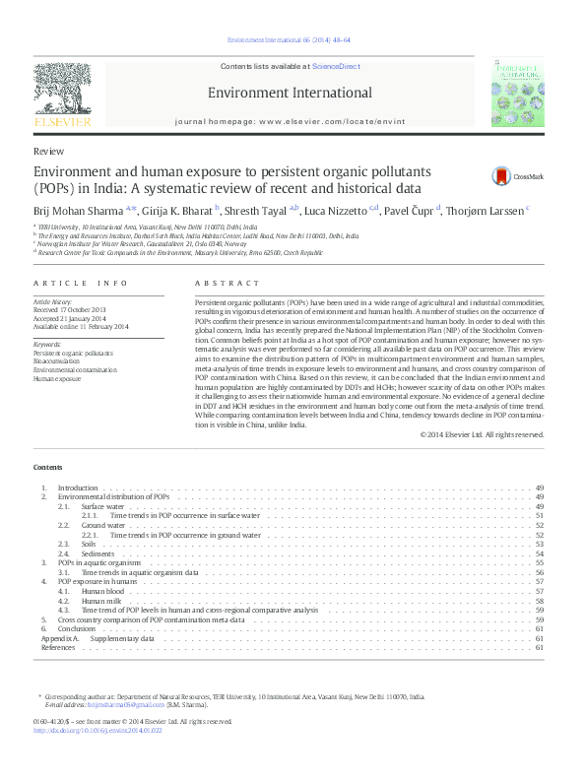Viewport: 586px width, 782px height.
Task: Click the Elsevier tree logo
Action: pos(62,94)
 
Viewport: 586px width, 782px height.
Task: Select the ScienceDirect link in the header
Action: pos(334,66)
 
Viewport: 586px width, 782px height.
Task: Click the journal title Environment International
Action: pos(290,94)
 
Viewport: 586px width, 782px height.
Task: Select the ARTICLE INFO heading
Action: pos(81,284)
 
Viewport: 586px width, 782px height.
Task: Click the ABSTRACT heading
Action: pos(222,284)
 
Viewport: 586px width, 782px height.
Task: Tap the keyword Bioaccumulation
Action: pos(60,360)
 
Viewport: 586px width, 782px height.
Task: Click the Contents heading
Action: pos(47,467)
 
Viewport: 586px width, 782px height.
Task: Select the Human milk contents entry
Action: pos(101,601)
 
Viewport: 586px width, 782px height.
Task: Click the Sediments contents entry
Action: pos(99,554)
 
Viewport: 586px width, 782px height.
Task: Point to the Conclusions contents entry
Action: pos(77,628)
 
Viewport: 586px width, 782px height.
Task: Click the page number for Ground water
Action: pos(540,526)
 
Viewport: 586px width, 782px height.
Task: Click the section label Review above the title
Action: pos(48,152)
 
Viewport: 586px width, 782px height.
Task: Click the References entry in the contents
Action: pos(57,647)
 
